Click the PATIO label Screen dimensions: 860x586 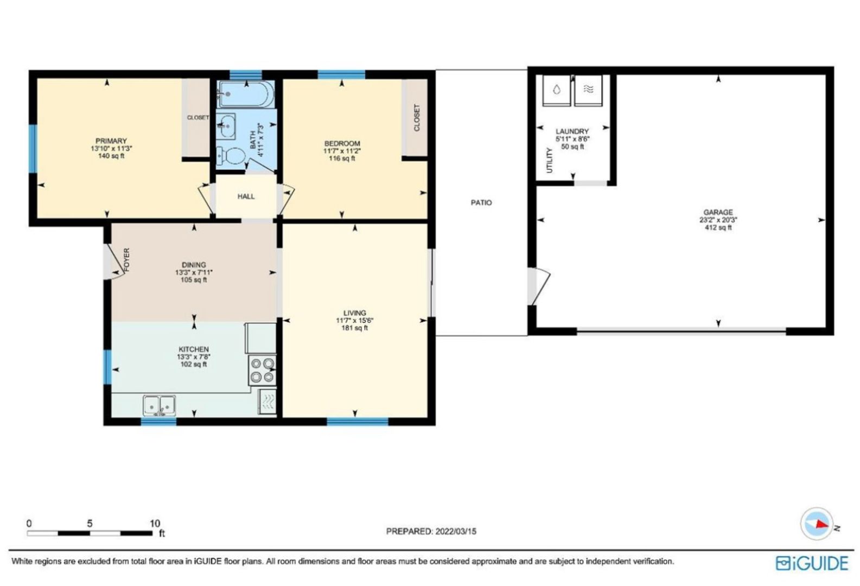click(481, 202)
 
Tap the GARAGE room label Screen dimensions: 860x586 click(718, 212)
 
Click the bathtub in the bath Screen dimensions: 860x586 click(245, 94)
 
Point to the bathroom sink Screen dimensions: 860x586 click(226, 125)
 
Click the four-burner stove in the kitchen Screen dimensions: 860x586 click(262, 370)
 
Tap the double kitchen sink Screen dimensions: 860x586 click(160, 405)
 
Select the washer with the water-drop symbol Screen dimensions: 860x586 click(556, 91)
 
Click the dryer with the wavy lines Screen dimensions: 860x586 click(588, 91)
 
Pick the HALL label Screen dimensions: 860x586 click(246, 196)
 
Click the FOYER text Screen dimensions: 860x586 click(127, 260)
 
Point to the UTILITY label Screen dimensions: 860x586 click(550, 160)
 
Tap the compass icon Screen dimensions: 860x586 click(817, 524)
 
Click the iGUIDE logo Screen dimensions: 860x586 click(812, 563)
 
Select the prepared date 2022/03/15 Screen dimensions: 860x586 click(456, 532)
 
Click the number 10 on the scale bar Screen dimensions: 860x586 click(155, 524)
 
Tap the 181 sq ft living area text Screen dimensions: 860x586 click(354, 328)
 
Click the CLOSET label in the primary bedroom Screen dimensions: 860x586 click(198, 118)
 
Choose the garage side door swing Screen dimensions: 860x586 click(539, 286)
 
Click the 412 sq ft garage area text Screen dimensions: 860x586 click(718, 227)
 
